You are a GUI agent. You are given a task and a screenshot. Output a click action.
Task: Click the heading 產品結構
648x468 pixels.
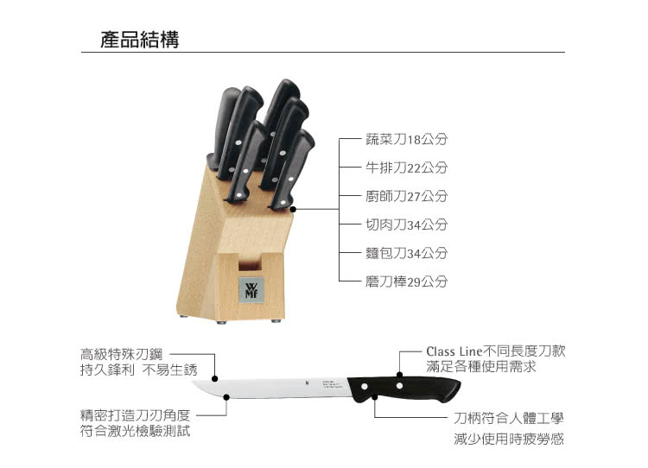click(x=140, y=40)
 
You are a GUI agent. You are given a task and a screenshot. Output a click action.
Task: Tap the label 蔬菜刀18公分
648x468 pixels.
click(x=407, y=139)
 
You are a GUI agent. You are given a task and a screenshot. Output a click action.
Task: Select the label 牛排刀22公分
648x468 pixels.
click(x=407, y=168)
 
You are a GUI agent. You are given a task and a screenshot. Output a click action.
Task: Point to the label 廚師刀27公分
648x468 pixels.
click(x=407, y=196)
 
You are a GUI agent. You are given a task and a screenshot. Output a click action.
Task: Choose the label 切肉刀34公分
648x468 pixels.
click(x=407, y=225)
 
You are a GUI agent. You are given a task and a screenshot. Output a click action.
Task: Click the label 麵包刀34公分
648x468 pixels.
click(x=407, y=253)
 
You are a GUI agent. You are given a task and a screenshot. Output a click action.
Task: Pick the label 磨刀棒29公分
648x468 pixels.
click(x=407, y=281)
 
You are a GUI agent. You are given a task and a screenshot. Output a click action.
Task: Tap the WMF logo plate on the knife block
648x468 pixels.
click(x=251, y=290)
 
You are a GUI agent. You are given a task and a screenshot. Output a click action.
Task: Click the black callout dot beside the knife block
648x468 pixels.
click(x=293, y=210)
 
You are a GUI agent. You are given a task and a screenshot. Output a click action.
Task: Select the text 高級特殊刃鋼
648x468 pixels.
click(x=122, y=354)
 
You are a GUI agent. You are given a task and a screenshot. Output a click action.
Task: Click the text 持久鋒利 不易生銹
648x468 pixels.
click(x=139, y=370)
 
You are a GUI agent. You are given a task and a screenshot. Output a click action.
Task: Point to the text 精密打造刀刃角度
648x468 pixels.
click(x=135, y=415)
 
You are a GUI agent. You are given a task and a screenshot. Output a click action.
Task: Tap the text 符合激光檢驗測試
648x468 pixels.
click(x=135, y=431)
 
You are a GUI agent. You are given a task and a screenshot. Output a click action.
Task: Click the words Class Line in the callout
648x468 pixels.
click(x=454, y=351)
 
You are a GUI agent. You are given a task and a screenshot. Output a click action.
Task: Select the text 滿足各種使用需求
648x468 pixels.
click(x=481, y=366)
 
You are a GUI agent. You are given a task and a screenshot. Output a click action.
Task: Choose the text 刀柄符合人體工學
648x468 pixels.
click(x=509, y=418)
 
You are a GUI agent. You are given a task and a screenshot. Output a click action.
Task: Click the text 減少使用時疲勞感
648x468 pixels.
click(x=509, y=439)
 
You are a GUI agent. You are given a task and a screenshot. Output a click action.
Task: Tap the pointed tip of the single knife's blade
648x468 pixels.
click(x=193, y=383)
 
